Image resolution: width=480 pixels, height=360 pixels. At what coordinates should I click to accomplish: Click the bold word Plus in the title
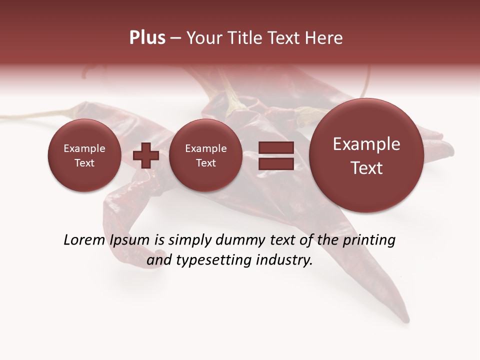click(x=147, y=38)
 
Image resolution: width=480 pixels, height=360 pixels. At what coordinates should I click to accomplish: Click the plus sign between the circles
click(x=146, y=155)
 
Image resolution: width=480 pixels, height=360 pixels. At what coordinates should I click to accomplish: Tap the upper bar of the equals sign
click(x=276, y=147)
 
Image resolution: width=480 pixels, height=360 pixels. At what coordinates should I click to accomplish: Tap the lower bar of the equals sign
click(x=276, y=163)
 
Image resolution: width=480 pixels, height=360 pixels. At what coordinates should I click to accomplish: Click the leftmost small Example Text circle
click(x=84, y=155)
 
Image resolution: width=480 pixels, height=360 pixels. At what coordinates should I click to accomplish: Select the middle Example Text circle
click(x=205, y=155)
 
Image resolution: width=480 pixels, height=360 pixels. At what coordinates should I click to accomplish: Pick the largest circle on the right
click(x=366, y=155)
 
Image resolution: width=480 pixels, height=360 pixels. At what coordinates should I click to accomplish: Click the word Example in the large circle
click(x=366, y=144)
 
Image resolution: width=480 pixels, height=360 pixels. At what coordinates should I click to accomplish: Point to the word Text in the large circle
click(x=366, y=168)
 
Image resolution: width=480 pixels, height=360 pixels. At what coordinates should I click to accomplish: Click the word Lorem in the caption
click(x=83, y=240)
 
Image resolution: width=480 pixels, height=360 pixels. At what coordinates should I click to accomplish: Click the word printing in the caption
click(x=368, y=240)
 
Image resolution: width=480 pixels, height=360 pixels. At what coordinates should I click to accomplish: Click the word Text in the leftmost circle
click(x=84, y=163)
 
